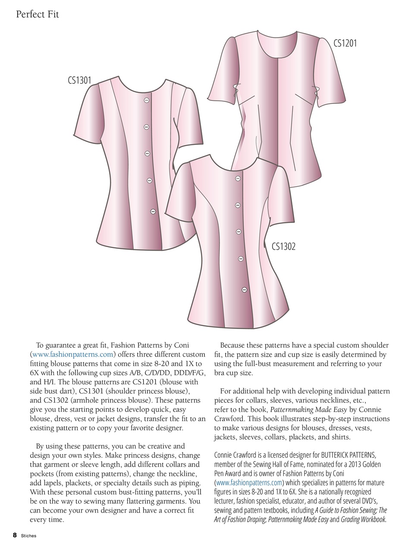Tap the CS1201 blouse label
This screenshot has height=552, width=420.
coord(345,43)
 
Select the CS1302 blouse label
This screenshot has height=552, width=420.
coord(283,246)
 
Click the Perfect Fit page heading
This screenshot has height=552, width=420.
coord(37,14)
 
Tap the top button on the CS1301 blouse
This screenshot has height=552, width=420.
coord(146,100)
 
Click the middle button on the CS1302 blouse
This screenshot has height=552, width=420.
coord(239,232)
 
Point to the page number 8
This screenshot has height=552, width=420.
coord(15,535)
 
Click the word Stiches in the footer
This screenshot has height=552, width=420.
coord(28,536)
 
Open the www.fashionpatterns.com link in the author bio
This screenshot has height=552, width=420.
coord(249,483)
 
